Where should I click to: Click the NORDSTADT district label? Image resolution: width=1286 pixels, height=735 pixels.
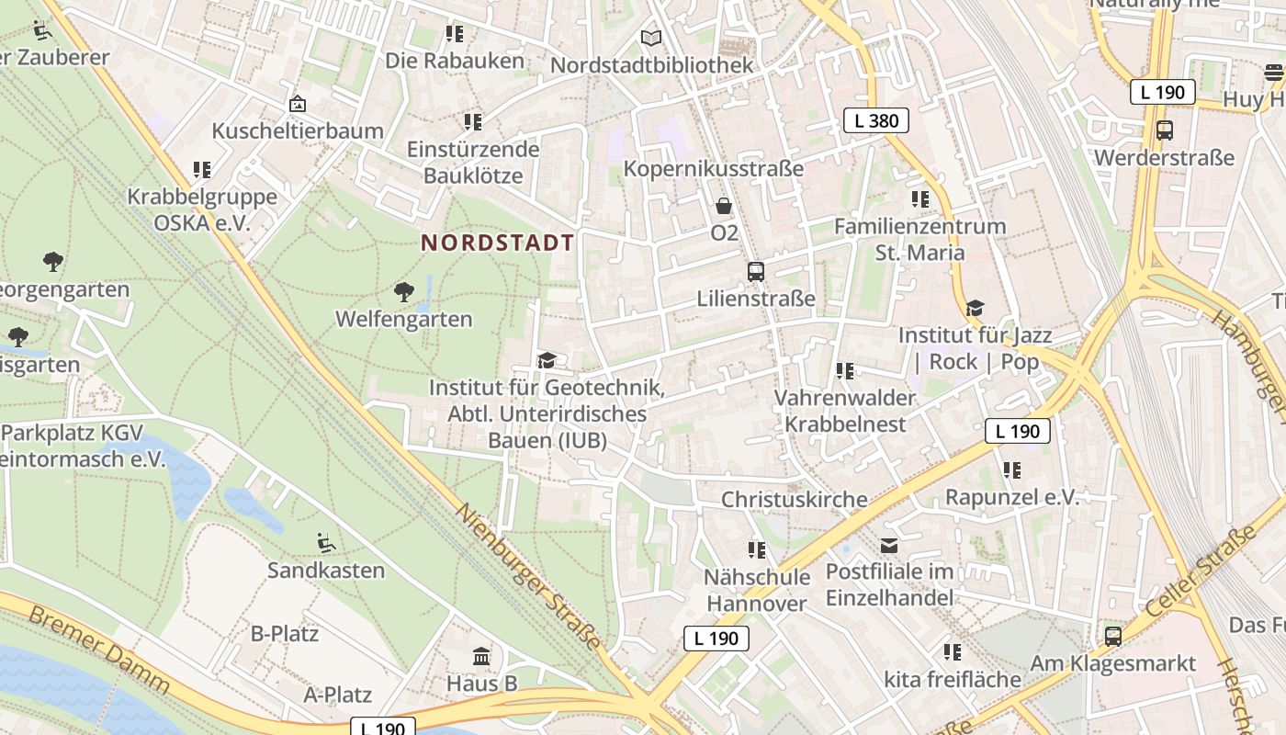point(497,243)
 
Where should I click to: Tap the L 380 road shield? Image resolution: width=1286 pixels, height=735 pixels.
point(876,120)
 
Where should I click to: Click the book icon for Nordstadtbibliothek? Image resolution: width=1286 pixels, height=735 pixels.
point(651,39)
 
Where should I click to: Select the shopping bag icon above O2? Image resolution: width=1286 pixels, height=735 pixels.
point(724,206)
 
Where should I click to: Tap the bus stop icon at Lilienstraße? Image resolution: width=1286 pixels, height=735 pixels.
point(756,272)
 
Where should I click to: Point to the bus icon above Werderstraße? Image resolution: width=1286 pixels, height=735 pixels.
point(1165,130)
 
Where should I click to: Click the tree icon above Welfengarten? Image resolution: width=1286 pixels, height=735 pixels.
point(403,293)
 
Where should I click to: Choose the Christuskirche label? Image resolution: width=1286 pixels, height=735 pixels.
point(794,500)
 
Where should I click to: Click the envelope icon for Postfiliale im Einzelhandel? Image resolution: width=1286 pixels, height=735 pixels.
point(889,546)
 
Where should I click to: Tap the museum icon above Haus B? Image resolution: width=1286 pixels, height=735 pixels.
point(481,657)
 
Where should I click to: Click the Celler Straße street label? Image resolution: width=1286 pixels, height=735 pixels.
point(1201,571)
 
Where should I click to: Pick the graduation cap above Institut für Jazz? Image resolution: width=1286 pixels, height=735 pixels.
point(975,309)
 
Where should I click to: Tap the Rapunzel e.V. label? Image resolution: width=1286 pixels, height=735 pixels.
point(1011,497)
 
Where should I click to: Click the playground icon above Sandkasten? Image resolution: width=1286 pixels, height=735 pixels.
point(325,543)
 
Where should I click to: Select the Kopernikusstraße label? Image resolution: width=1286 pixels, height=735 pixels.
point(713,169)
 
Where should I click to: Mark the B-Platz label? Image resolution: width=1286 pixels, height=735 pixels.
point(285,634)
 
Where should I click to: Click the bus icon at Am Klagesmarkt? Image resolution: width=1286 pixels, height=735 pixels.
point(1113,636)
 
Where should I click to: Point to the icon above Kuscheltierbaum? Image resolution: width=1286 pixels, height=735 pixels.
point(297,105)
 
